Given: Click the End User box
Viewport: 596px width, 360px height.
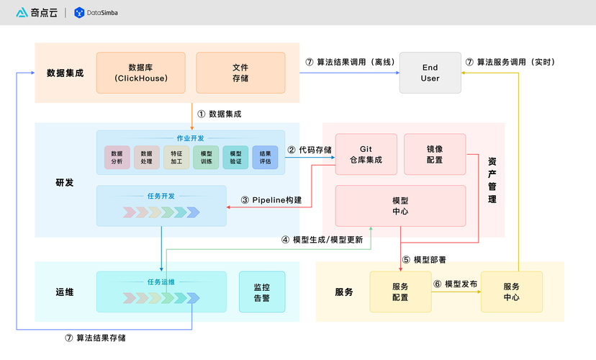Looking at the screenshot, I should point(430,73).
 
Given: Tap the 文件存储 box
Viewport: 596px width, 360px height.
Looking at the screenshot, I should point(240,73).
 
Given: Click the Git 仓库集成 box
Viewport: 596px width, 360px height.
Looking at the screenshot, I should point(366,154).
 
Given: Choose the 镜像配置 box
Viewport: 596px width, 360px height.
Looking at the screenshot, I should point(435,154).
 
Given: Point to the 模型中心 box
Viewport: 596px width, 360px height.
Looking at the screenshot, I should point(401,206).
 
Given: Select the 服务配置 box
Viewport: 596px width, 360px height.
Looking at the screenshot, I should point(400,292).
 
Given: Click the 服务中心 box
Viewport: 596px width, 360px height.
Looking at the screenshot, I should point(511,292).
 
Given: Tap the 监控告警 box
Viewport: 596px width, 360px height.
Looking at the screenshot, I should point(261,292).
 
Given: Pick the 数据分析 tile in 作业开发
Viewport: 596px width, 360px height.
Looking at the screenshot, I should point(117,158).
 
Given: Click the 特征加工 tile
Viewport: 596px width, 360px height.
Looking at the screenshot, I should point(176,158).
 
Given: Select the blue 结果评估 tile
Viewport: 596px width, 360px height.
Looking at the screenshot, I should point(265,158).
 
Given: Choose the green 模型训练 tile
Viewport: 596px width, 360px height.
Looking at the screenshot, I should point(206,158).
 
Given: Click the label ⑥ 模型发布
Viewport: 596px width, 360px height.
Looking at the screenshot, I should point(456,284).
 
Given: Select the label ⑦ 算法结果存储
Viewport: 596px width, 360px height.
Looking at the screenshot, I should point(100,338).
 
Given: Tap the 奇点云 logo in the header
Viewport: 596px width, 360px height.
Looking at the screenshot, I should point(36,12).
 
